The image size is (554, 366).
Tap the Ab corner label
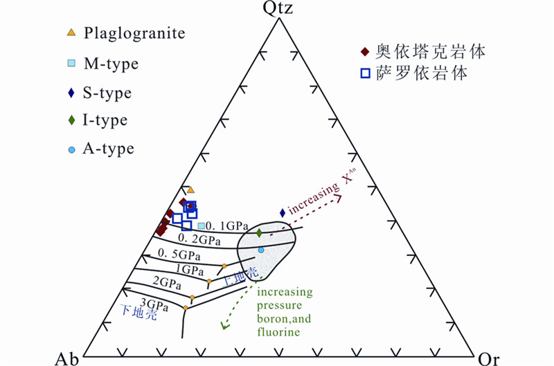coord(66,358)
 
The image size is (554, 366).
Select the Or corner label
coord(489,358)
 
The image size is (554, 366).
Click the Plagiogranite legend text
coord(126,33)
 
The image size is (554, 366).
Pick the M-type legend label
coord(111,64)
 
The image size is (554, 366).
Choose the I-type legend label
coord(105,120)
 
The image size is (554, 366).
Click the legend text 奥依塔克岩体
coord(420,52)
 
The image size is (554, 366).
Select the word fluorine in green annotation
coord(279,332)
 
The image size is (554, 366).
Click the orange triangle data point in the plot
coord(191,190)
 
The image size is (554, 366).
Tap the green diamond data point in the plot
coord(259,233)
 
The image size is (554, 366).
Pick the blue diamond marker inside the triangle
coord(282,212)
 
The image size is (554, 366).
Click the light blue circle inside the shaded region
coord(261,249)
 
